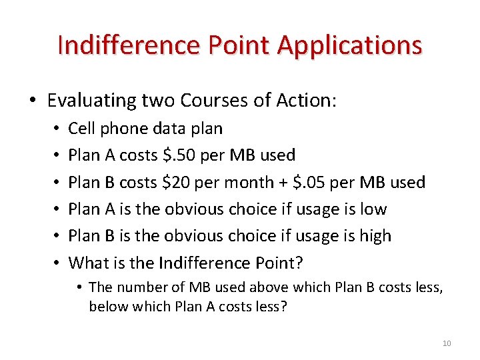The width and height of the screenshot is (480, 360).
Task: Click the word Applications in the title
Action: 350,45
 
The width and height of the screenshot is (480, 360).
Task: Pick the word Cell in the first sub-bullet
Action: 81,128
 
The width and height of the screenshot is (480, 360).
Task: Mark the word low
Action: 373,209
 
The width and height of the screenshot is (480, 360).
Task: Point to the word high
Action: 375,236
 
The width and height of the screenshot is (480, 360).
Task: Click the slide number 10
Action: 447,343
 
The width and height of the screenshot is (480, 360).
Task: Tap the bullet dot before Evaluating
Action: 32,101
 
